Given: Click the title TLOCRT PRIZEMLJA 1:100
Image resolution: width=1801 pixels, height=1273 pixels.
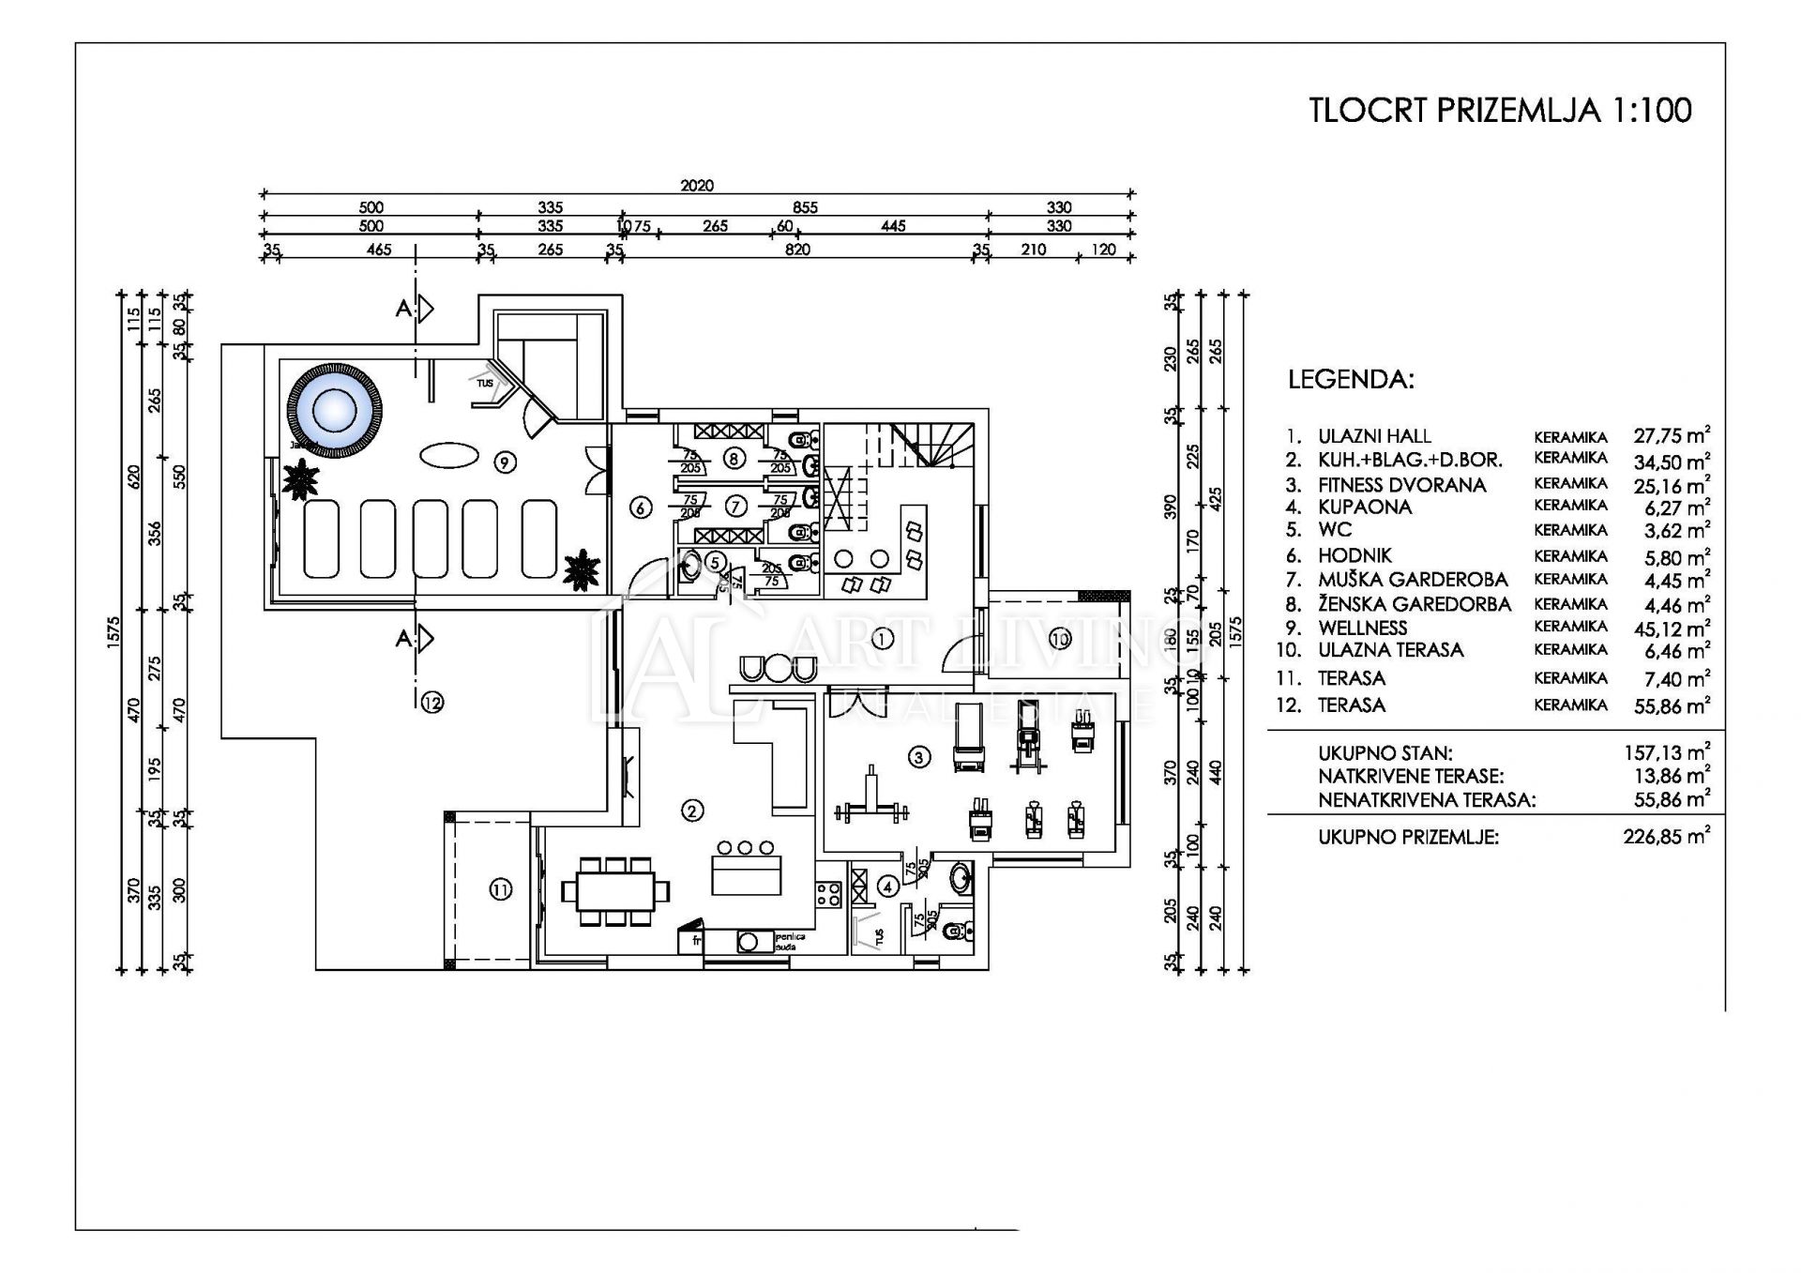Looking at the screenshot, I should (1500, 111).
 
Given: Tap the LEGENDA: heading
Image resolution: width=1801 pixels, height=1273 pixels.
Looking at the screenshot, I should (1351, 380).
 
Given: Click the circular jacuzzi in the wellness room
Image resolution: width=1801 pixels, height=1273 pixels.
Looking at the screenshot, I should (334, 409).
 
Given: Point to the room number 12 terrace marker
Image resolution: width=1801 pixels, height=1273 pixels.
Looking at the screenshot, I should (431, 702).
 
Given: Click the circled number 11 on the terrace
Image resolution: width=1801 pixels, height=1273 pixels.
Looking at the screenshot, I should (501, 889).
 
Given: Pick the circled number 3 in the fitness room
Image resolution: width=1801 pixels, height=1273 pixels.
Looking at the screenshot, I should (918, 757).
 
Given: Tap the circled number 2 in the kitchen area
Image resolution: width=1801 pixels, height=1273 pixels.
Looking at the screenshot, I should (691, 811).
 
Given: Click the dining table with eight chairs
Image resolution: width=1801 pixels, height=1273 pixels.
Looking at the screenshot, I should (615, 890).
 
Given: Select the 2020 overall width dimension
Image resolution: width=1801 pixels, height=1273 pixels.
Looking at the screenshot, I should (697, 186).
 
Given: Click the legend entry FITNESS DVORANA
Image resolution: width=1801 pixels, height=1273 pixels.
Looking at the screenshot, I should (1401, 485).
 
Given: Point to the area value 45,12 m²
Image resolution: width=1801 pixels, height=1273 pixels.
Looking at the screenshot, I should (1671, 629).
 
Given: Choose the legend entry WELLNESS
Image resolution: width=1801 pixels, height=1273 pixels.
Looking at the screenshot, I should (1362, 628).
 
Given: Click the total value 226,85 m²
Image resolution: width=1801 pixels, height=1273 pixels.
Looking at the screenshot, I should (1666, 837).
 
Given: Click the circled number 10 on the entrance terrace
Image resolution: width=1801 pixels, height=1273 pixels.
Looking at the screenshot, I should (1059, 640).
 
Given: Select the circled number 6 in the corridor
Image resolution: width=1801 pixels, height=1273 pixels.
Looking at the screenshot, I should (641, 508).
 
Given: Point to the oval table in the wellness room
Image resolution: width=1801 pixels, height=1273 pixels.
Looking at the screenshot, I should (447, 456).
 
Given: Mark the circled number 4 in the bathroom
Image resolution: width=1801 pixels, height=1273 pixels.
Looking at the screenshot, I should (887, 885).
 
